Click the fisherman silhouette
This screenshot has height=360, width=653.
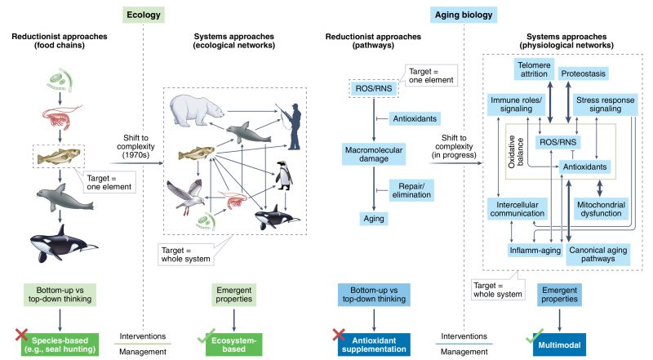tap(291, 124)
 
